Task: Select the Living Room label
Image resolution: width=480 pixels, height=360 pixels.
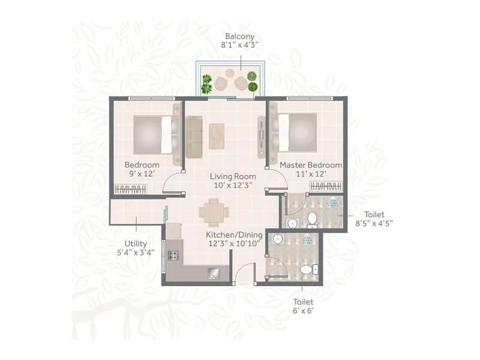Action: (233, 176)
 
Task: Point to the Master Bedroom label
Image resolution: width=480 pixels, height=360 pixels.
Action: (311, 165)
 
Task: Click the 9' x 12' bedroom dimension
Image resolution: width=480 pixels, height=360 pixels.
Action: (142, 174)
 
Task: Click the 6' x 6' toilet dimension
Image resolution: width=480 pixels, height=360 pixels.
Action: (303, 311)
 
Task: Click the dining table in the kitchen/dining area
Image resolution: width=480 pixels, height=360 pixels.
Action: (214, 212)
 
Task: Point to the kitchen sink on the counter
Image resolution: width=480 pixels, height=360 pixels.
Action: (214, 273)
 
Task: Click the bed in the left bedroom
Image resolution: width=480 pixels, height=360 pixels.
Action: (153, 133)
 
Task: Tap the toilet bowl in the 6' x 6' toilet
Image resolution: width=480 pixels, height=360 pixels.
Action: (307, 269)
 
